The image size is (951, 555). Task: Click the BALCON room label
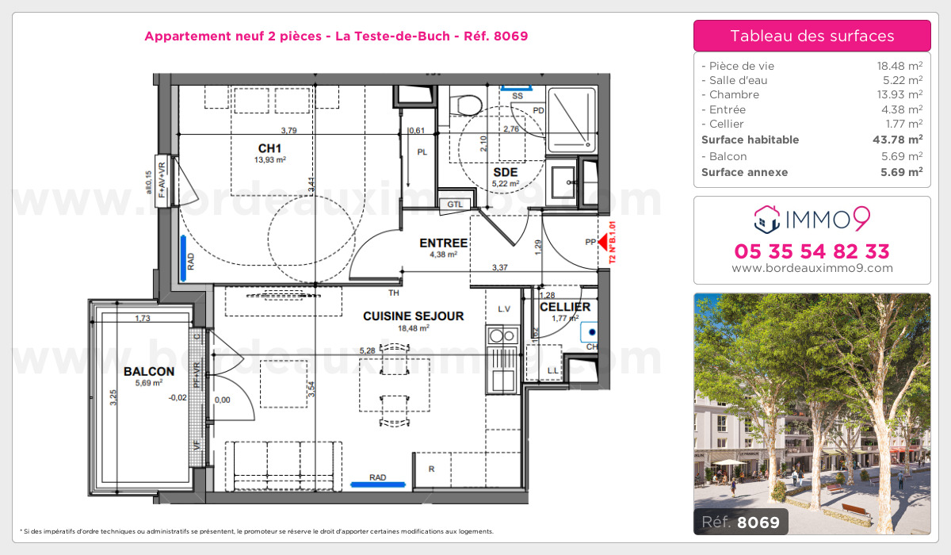point(149,371)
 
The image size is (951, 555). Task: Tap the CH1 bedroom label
point(270,148)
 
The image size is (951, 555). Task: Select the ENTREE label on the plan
point(443,243)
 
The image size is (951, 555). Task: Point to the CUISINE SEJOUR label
point(413,316)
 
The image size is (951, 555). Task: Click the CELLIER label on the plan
point(565,307)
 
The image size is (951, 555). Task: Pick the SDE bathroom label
point(505,172)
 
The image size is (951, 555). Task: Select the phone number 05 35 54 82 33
point(812,251)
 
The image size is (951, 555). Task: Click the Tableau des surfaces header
point(812,36)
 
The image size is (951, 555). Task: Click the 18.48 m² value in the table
point(895,66)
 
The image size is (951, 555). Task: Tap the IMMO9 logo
point(812,216)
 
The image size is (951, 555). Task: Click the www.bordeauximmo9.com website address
point(812,268)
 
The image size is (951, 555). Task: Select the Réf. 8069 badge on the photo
point(739,522)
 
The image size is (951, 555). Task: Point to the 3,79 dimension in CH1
point(289,131)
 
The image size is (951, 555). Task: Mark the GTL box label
point(454,204)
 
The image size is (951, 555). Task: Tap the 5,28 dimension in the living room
point(367,350)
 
